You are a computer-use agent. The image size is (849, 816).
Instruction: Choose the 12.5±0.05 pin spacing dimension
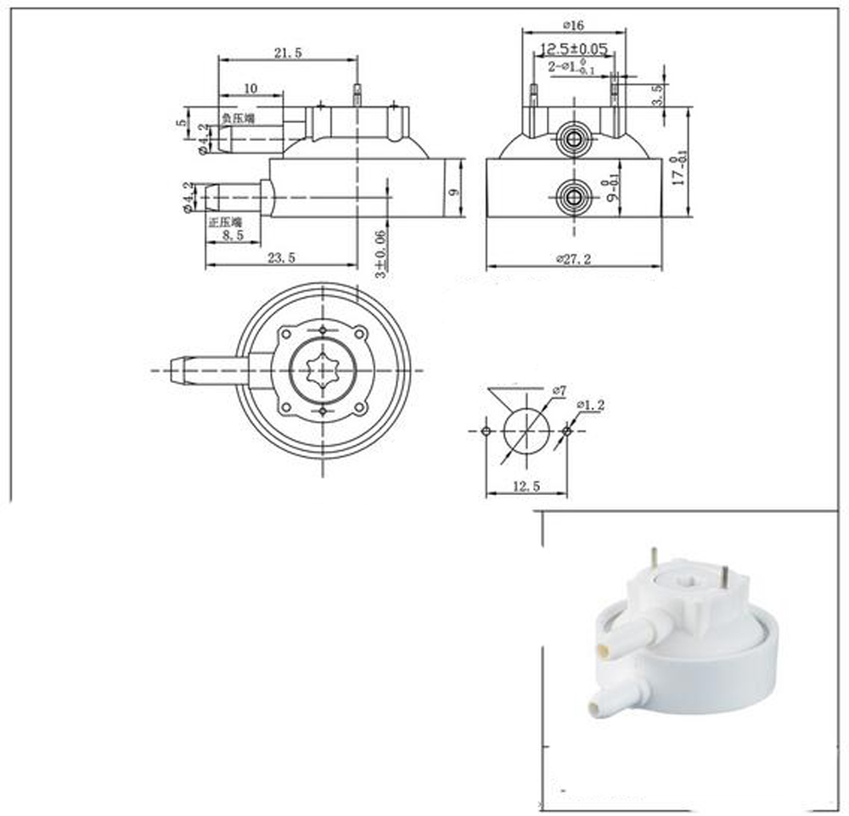tap(575, 48)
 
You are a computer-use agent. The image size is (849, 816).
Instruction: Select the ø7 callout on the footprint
tap(558, 390)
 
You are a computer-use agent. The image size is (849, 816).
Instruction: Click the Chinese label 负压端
tap(239, 120)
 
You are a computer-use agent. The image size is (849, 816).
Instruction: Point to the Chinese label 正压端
tap(225, 222)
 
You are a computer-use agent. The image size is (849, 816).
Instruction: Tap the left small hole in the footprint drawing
tap(486, 431)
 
